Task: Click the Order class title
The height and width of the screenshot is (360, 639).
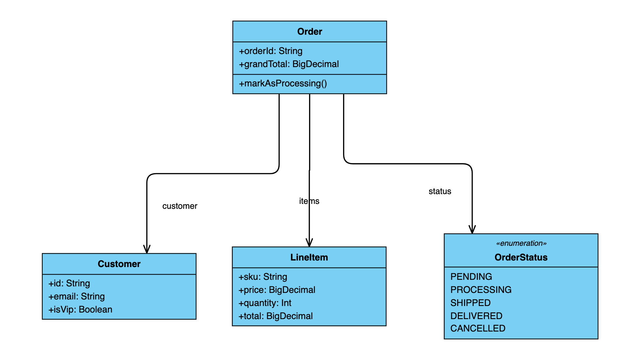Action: pyautogui.click(x=310, y=32)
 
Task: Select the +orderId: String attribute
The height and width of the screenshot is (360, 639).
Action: pyautogui.click(x=271, y=51)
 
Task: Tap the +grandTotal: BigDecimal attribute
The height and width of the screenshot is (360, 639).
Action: pyautogui.click(x=289, y=64)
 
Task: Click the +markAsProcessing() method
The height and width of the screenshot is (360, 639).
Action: pyautogui.click(x=283, y=83)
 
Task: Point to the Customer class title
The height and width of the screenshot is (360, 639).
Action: pyautogui.click(x=119, y=264)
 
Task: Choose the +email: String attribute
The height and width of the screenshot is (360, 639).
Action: pyautogui.click(x=77, y=297)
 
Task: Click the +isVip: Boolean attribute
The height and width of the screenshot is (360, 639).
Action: pyautogui.click(x=80, y=310)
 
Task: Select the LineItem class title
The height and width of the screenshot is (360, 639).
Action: pyautogui.click(x=309, y=258)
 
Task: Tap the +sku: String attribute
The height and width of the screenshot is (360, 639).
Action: pyautogui.click(x=263, y=277)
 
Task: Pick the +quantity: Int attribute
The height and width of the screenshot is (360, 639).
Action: pyautogui.click(x=265, y=303)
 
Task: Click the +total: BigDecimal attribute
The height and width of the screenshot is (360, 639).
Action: pyautogui.click(x=276, y=316)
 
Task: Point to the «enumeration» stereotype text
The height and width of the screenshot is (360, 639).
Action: pyautogui.click(x=521, y=243)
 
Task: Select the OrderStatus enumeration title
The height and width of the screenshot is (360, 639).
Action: pyautogui.click(x=521, y=258)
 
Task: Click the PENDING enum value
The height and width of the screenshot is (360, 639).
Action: pyautogui.click(x=471, y=277)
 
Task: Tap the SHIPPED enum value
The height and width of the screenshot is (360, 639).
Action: pyautogui.click(x=471, y=303)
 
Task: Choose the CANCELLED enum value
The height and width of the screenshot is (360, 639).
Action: pyautogui.click(x=478, y=328)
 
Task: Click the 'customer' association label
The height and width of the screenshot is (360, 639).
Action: pyautogui.click(x=180, y=206)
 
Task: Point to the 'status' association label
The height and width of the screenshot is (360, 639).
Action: pyautogui.click(x=440, y=191)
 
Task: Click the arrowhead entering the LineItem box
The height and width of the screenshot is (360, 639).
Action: pyautogui.click(x=309, y=243)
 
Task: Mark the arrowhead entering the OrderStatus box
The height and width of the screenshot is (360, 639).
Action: pyautogui.click(x=472, y=230)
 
